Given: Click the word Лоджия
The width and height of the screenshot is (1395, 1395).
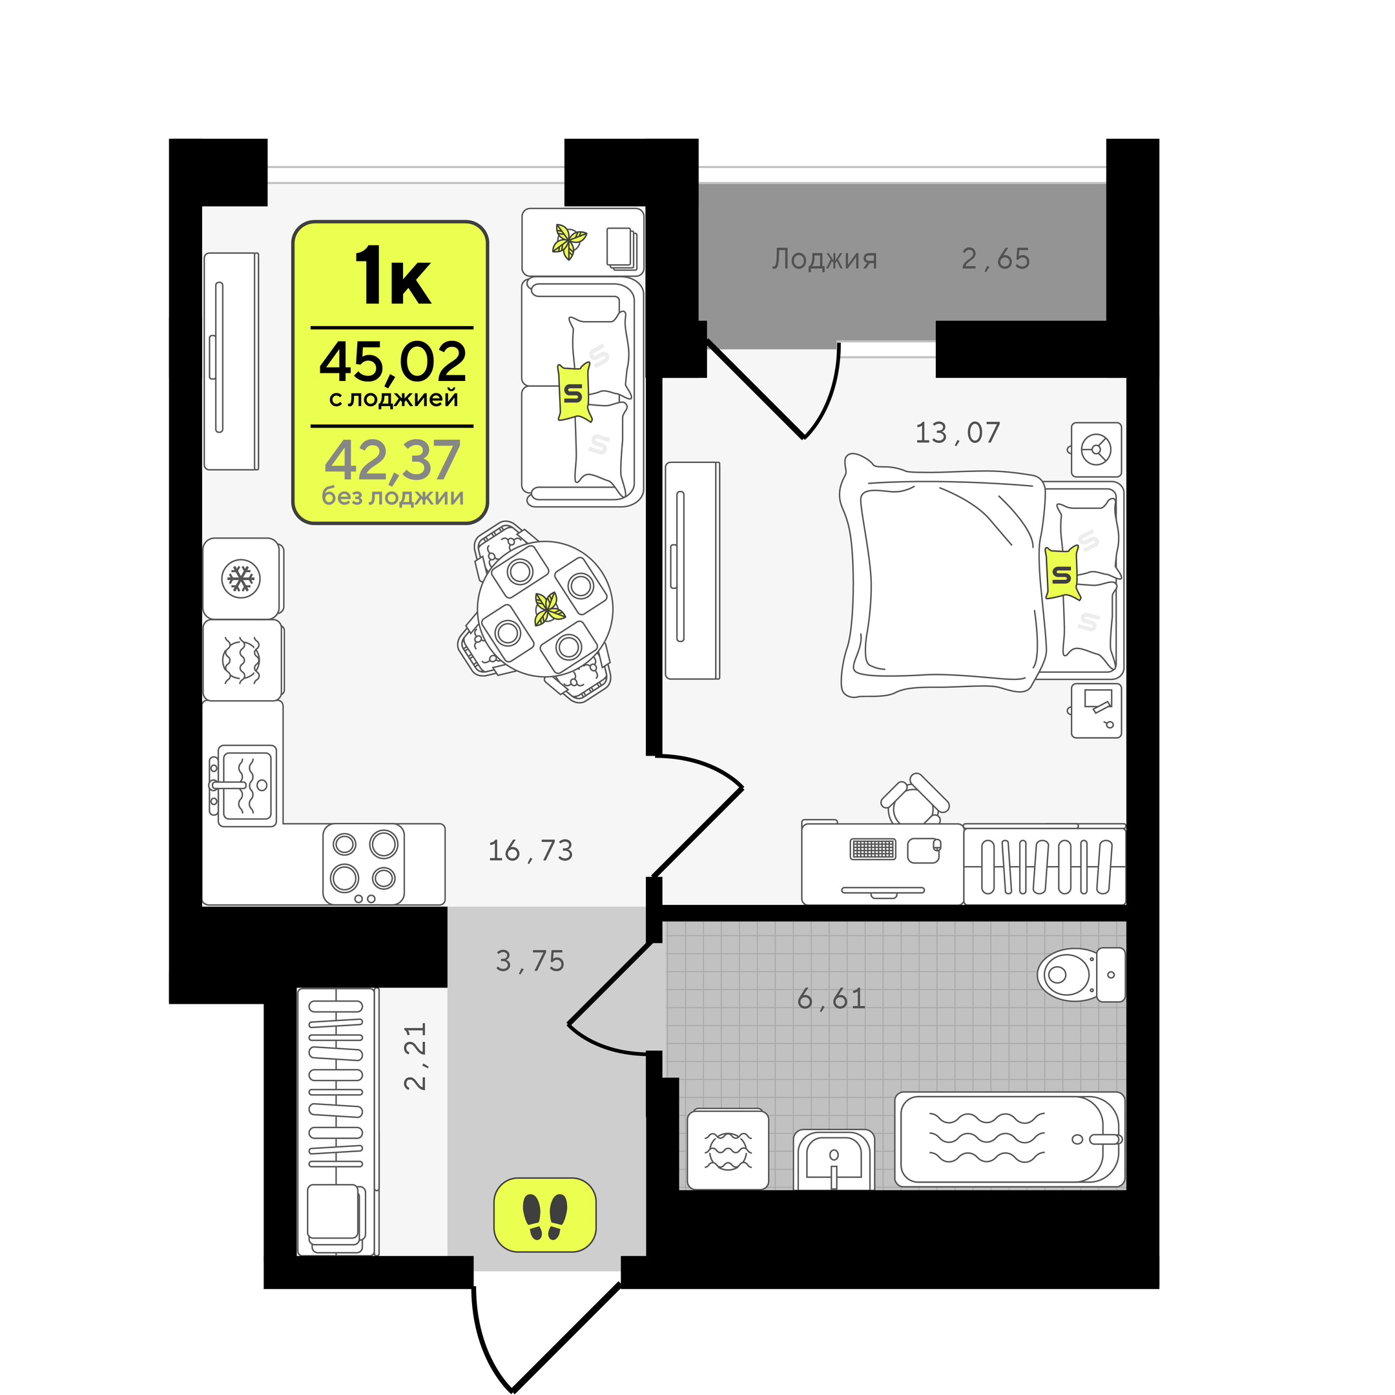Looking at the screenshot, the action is pyautogui.click(x=825, y=258).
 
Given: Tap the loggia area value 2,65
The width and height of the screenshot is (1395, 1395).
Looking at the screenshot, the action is pyautogui.click(x=996, y=258).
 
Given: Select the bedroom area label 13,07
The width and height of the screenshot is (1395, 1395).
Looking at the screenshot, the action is pyautogui.click(x=957, y=433).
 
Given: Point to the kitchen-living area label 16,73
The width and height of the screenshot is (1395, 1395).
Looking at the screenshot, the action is pyautogui.click(x=531, y=851).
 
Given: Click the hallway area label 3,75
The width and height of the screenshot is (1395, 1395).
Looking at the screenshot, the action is pyautogui.click(x=530, y=961).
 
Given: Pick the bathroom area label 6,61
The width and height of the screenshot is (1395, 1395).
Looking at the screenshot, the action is pyautogui.click(x=831, y=998).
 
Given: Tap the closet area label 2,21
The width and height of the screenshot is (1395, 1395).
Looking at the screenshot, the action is pyautogui.click(x=415, y=1056).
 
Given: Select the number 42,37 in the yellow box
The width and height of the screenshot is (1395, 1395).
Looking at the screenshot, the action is pyautogui.click(x=392, y=460).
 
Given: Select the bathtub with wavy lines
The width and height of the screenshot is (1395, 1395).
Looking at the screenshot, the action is pyautogui.click(x=1009, y=1139).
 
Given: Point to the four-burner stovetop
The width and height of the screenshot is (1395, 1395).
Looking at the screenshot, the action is pyautogui.click(x=363, y=863).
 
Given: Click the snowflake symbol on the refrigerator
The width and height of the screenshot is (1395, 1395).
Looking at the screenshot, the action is pyautogui.click(x=241, y=579).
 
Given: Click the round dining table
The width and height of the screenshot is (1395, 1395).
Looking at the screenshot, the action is pyautogui.click(x=544, y=608).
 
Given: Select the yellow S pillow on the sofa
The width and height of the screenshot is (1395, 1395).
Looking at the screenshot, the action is pyautogui.click(x=574, y=392).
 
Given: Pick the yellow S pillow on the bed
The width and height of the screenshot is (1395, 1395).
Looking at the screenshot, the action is pyautogui.click(x=1062, y=573).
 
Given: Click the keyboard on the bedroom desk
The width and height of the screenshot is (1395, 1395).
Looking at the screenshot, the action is pyautogui.click(x=873, y=849).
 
